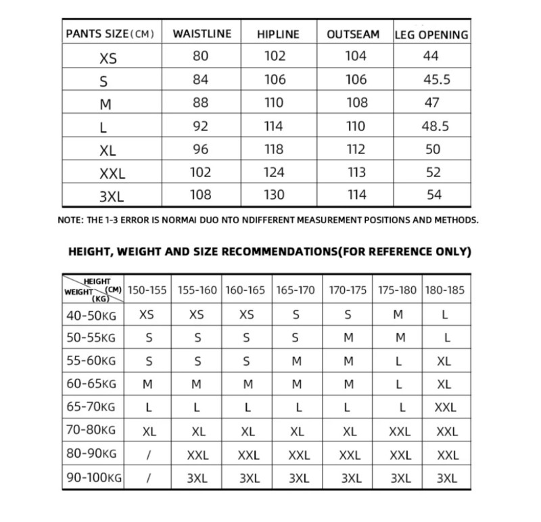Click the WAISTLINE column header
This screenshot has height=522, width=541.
(x=202, y=34)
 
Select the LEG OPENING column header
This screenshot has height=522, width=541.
(x=431, y=34)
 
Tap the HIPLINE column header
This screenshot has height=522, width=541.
(x=278, y=34)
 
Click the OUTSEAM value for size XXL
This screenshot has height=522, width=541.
(x=356, y=172)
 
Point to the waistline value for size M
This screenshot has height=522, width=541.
(x=201, y=103)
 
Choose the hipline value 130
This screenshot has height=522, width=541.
(x=275, y=195)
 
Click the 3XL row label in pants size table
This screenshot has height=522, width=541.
(x=112, y=196)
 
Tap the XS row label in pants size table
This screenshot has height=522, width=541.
(x=108, y=58)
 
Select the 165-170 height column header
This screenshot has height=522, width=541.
(x=296, y=290)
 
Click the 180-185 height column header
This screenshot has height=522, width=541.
(x=445, y=290)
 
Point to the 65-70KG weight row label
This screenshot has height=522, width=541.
(x=91, y=407)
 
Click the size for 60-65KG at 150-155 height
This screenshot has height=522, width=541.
(x=147, y=384)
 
